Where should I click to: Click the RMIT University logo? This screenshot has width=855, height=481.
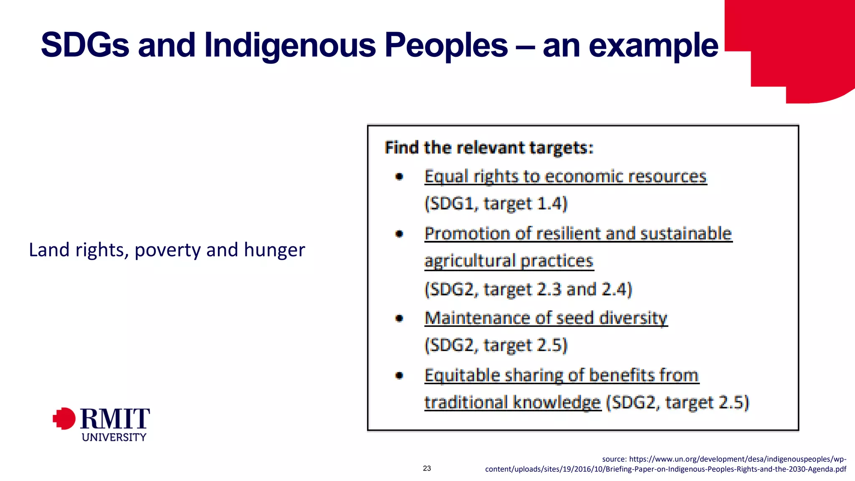point(102,423)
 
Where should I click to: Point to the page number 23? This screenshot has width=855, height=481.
point(427,468)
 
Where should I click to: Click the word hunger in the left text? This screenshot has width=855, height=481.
point(274,250)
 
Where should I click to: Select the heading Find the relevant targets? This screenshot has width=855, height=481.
point(489,148)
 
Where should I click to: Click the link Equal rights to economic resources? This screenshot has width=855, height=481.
point(565,176)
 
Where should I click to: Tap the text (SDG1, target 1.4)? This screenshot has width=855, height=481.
point(496,203)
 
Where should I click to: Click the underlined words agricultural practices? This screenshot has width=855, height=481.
point(509,261)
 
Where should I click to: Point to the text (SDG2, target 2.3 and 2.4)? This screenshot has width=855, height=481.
point(528,289)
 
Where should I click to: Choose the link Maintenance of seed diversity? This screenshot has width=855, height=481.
point(546,318)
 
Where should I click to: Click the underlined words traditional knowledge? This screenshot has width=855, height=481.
point(513,402)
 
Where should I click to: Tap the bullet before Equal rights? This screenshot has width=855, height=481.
point(400,177)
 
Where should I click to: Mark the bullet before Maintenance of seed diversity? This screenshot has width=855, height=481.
point(400,318)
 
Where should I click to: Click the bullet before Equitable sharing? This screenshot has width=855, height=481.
point(400,375)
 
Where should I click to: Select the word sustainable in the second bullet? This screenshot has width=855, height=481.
point(686,233)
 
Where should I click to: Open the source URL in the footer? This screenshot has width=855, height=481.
point(665,464)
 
